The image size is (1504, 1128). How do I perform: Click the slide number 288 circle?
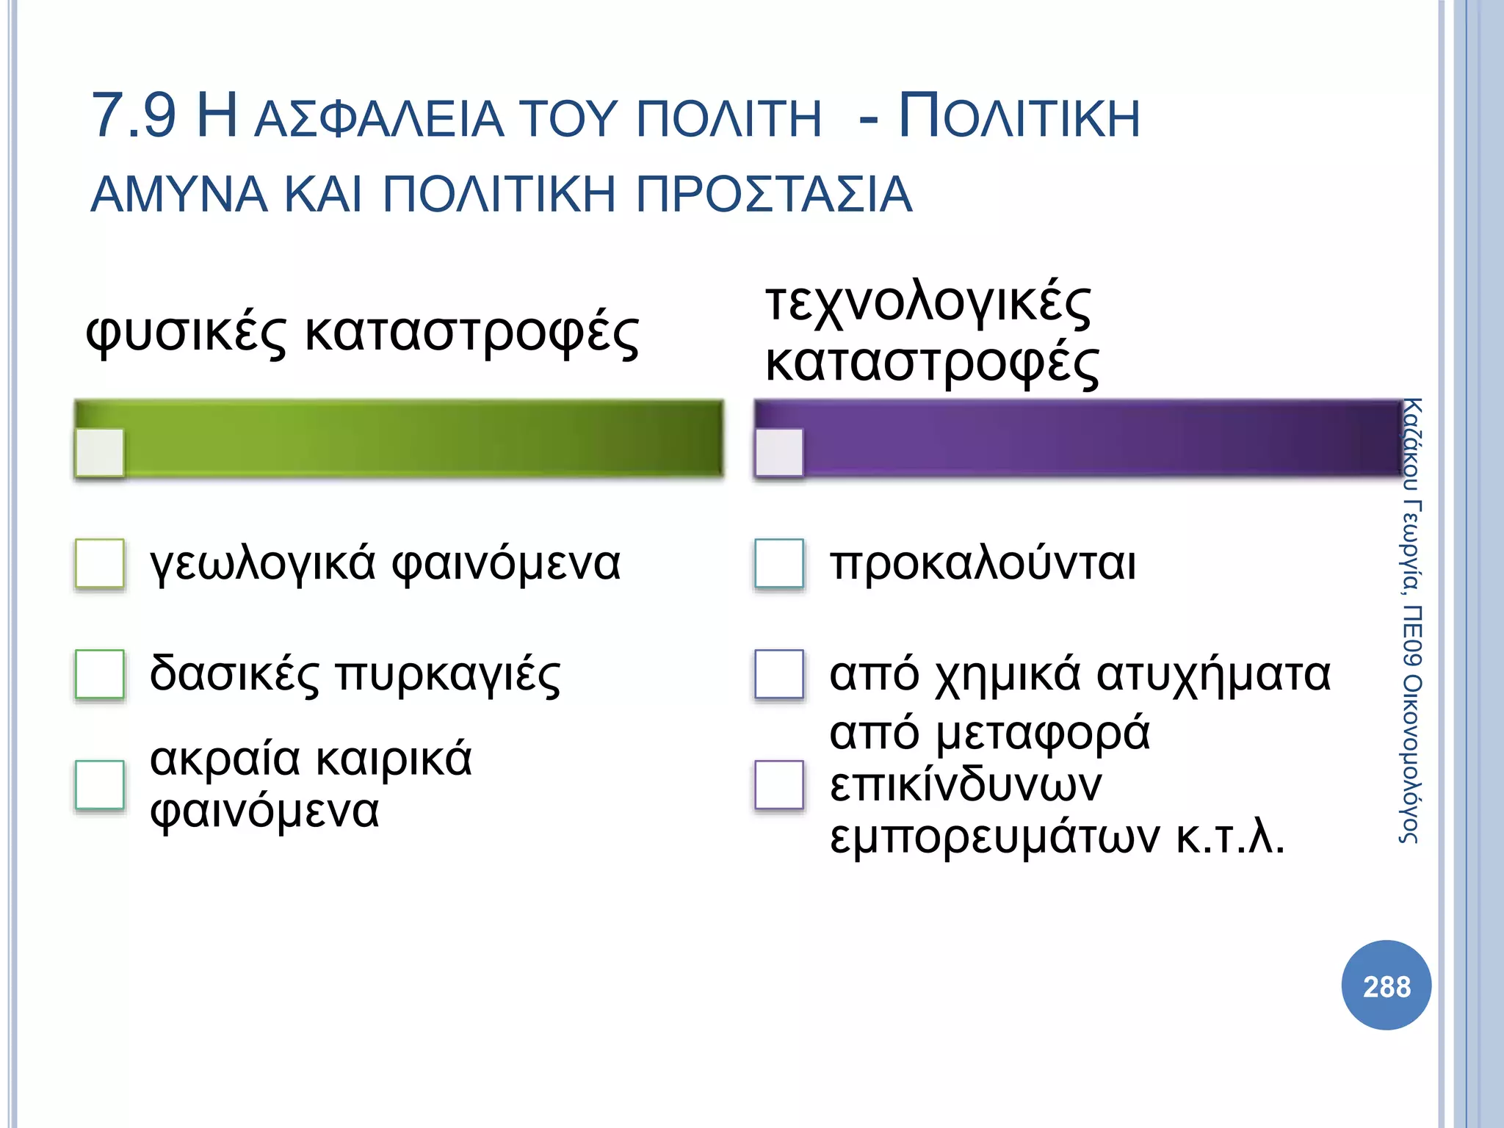pyautogui.click(x=1386, y=985)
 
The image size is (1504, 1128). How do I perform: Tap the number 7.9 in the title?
pyautogui.click(x=134, y=116)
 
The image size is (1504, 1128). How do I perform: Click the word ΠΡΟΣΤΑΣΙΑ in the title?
pyautogui.click(x=773, y=195)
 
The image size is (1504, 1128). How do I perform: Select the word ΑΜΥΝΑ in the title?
pyautogui.click(x=179, y=195)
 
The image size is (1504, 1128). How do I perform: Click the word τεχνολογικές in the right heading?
pyautogui.click(x=928, y=303)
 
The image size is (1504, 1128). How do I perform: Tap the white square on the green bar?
pyautogui.click(x=100, y=452)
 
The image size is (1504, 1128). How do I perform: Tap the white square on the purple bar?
pyautogui.click(x=779, y=452)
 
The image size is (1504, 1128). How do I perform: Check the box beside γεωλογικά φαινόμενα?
pyautogui.click(x=100, y=563)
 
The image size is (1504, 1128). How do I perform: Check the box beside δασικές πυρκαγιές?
pyautogui.click(x=100, y=673)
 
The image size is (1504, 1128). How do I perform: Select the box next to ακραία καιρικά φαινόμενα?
pyautogui.click(x=100, y=784)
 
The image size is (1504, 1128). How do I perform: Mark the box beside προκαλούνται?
pyautogui.click(x=779, y=563)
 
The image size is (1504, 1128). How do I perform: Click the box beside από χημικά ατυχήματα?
pyautogui.click(x=779, y=673)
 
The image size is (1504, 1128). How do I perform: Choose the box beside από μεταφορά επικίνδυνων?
pyautogui.click(x=779, y=784)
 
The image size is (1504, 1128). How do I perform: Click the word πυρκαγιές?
pyautogui.click(x=448, y=675)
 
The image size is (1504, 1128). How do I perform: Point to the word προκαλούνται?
pyautogui.click(x=983, y=564)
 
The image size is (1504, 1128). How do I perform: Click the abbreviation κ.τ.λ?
pyautogui.click(x=1230, y=837)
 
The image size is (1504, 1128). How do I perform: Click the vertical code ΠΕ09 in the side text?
pyautogui.click(x=1411, y=636)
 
